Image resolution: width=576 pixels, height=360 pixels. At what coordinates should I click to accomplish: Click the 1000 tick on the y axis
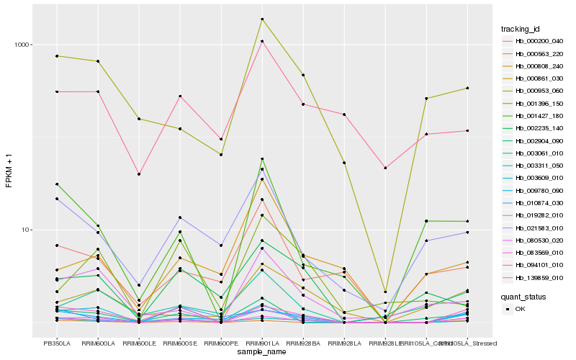pyautogui.click(x=23, y=45)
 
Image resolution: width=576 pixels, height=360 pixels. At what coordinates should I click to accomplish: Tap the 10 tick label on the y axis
pyautogui.click(x=27, y=230)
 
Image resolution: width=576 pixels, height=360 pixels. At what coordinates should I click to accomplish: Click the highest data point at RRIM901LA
pyautogui.click(x=262, y=19)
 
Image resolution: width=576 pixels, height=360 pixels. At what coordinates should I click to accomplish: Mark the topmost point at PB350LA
pyautogui.click(x=57, y=56)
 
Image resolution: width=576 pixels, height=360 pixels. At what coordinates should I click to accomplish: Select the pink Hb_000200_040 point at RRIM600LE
pyautogui.click(x=139, y=174)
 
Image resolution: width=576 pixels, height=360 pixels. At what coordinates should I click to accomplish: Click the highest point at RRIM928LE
pyautogui.click(x=385, y=168)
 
